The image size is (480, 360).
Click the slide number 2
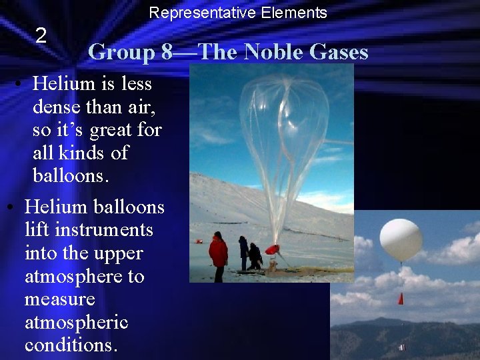pyautogui.click(x=41, y=36)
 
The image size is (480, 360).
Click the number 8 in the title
pyautogui.click(x=167, y=52)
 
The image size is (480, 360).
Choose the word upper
pyautogui.click(x=120, y=254)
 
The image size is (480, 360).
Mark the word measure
pyautogui.click(x=60, y=300)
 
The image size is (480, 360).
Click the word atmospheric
pyautogui.click(x=76, y=323)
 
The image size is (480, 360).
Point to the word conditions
pyautogui.click(x=71, y=346)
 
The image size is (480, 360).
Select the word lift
pyautogui.click(x=37, y=231)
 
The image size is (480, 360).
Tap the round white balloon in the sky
pyautogui.click(x=401, y=239)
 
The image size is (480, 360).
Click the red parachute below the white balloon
pyautogui.click(x=401, y=299)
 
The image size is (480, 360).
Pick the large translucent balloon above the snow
pyautogui.click(x=283, y=140)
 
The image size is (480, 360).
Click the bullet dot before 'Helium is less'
pyautogui.click(x=21, y=85)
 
